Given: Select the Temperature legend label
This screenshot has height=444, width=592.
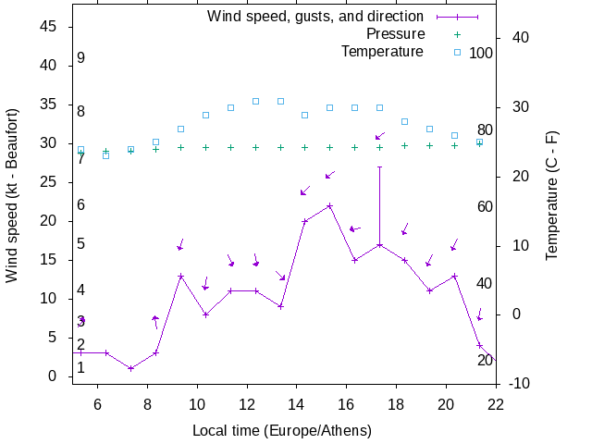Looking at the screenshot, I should (382, 51).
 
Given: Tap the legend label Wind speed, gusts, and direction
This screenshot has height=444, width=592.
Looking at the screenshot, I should (314, 17).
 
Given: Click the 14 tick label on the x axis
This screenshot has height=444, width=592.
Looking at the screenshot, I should (296, 403).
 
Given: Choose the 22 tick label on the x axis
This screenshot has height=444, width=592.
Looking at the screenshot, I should (496, 403).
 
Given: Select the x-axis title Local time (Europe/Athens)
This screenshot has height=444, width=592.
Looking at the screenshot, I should (281, 431).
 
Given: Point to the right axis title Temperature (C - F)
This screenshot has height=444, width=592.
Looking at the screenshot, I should (551, 194).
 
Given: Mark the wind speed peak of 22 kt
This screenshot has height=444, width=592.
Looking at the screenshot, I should (329, 205).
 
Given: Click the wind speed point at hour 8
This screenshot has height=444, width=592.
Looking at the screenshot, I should (156, 352).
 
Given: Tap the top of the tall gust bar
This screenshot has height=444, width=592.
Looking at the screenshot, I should (379, 166).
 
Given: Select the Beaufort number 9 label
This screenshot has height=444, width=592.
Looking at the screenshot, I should (81, 58).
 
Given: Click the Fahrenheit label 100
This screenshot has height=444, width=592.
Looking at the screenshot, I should (481, 53).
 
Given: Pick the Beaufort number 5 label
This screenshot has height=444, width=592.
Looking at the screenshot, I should (81, 244).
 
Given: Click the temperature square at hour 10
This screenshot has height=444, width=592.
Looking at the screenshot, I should (205, 116).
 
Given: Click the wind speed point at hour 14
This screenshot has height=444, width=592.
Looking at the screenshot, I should (304, 221).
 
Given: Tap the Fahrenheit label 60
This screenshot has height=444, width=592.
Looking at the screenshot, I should (485, 206).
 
